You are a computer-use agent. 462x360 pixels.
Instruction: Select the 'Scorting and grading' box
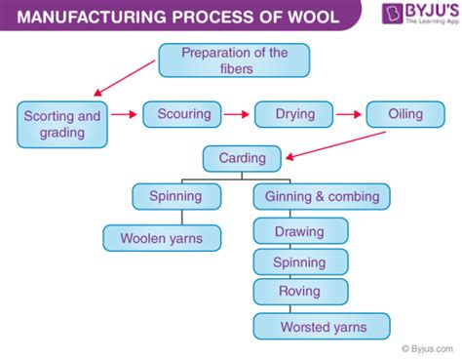pos(62,125)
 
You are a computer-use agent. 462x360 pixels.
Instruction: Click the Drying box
pos(294,114)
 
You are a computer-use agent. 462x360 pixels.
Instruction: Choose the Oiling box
pos(407,114)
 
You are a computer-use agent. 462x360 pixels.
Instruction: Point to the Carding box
pos(242,156)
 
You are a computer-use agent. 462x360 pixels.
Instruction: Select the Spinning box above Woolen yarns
pos(175,196)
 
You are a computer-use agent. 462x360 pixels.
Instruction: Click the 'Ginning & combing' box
pos(322,196)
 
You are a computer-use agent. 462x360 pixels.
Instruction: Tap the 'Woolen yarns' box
pos(162,237)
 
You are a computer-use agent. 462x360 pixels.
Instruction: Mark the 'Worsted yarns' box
pos(322,326)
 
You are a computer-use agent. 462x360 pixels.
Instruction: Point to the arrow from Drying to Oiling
pos(351,115)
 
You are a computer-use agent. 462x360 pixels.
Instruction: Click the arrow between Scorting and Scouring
pos(124,115)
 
